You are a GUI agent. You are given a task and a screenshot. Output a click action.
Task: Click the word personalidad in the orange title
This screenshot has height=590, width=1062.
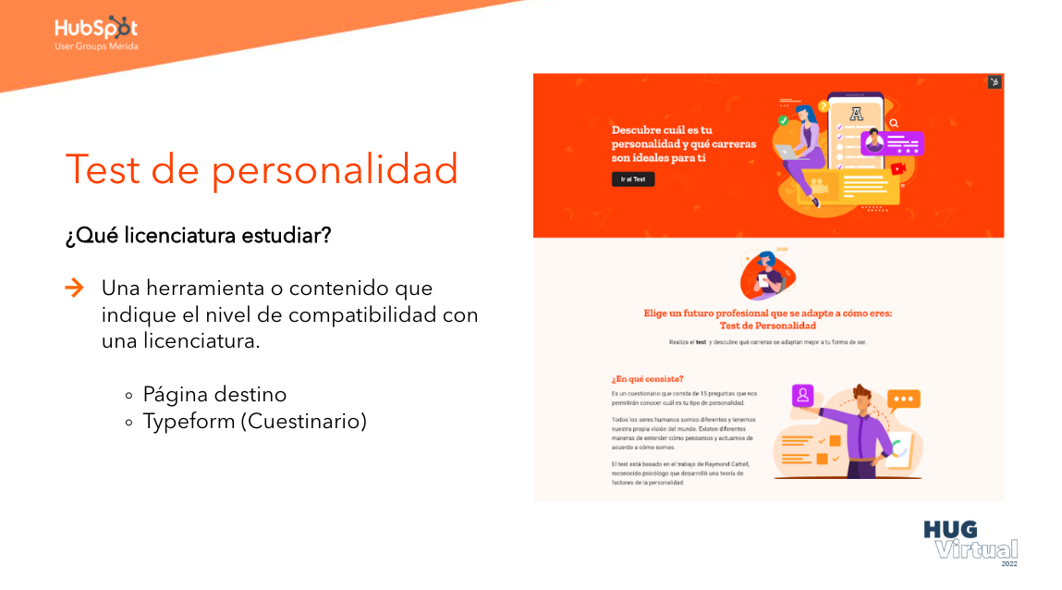tap(336, 169)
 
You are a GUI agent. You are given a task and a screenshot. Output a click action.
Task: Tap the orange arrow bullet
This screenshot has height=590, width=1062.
tap(74, 288)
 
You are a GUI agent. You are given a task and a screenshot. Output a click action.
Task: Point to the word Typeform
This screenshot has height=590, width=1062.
tap(187, 422)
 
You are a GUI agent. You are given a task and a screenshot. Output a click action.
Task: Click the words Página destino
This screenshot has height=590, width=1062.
tap(214, 395)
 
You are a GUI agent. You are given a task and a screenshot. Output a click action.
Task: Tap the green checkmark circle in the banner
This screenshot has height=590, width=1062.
tap(784, 120)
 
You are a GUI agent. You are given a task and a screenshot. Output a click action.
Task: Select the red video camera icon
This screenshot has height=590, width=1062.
tap(897, 168)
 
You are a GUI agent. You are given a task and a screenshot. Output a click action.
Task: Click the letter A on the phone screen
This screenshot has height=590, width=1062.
tap(856, 114)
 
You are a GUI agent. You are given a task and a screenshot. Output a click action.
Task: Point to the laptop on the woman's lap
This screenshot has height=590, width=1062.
tap(789, 150)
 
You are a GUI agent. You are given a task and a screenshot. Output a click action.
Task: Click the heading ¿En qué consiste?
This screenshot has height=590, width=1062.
tap(647, 378)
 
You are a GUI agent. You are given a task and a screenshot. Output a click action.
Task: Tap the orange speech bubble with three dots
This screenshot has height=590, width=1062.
tap(903, 399)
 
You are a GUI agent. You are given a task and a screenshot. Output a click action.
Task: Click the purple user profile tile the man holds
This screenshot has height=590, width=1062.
tap(802, 396)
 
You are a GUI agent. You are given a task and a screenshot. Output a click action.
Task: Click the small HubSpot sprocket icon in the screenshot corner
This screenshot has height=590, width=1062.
tap(995, 82)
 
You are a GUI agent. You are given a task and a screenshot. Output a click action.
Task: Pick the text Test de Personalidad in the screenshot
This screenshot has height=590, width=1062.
tap(767, 326)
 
